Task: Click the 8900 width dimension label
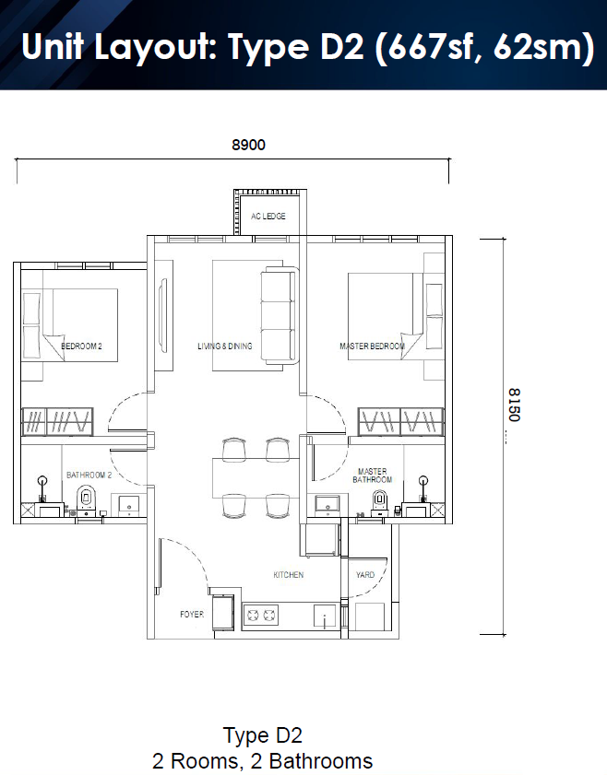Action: tap(248, 145)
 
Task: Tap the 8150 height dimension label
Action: tap(515, 405)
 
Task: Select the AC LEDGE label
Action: tap(268, 216)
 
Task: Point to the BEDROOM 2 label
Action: tap(81, 346)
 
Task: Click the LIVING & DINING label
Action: tap(225, 346)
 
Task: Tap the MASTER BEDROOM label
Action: tap(372, 346)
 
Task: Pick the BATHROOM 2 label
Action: tap(89, 475)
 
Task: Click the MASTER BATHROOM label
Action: tap(372, 476)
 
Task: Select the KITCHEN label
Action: tap(289, 575)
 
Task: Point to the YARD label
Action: tap(365, 575)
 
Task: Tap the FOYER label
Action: tap(192, 615)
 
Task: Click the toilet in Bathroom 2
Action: tap(86, 500)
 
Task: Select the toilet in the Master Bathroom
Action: tap(379, 502)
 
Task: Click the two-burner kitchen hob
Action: tap(261, 616)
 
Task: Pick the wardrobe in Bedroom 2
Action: tap(57, 422)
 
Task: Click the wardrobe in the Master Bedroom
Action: tap(400, 422)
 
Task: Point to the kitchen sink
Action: tap(325, 616)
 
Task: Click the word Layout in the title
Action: tap(155, 46)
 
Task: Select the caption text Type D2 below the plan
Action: tap(263, 735)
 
